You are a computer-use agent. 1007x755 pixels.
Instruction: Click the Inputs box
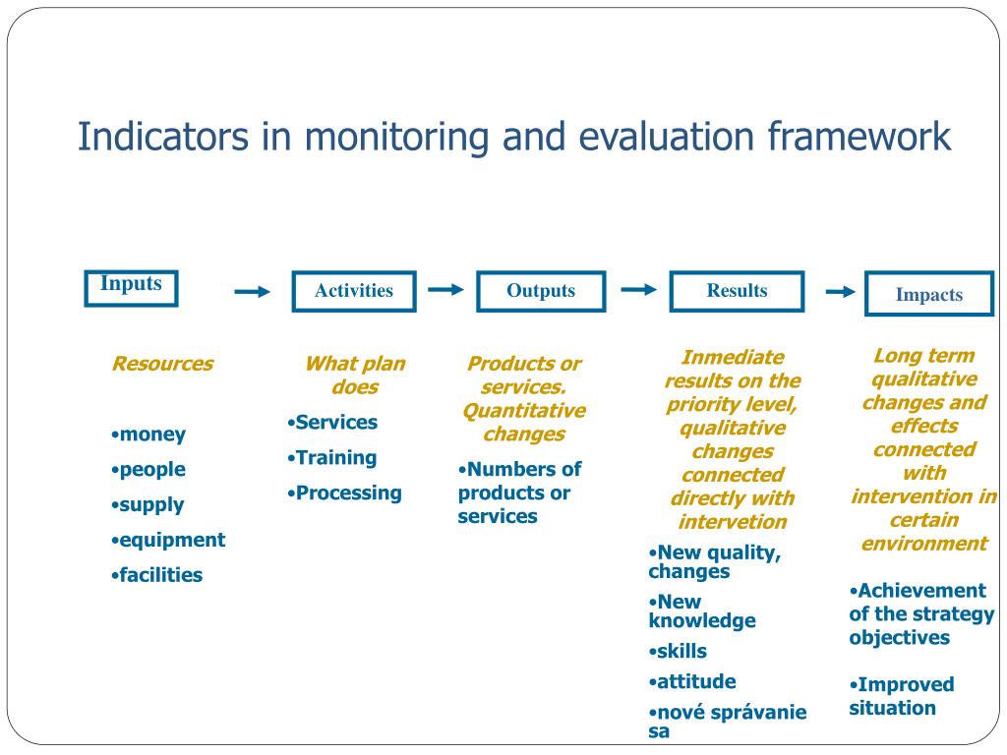point(131,288)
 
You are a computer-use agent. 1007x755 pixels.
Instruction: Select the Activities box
point(354,291)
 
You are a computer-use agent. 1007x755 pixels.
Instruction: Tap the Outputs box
point(541,291)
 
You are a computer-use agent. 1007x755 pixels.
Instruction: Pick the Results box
point(737,291)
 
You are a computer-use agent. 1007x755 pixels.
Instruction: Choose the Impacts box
point(928,295)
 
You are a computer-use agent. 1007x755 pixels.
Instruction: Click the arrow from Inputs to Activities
point(252,292)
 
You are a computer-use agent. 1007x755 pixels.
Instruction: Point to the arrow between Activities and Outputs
point(446,289)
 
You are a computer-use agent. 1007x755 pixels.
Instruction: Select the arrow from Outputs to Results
point(639,289)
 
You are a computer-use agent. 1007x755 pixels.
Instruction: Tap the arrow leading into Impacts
point(840,292)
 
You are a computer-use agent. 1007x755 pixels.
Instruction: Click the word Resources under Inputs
point(162,364)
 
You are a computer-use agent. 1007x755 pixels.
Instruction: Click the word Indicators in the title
point(163,137)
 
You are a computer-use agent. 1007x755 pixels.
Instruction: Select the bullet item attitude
point(695,681)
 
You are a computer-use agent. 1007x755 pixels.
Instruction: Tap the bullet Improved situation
point(901,696)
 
